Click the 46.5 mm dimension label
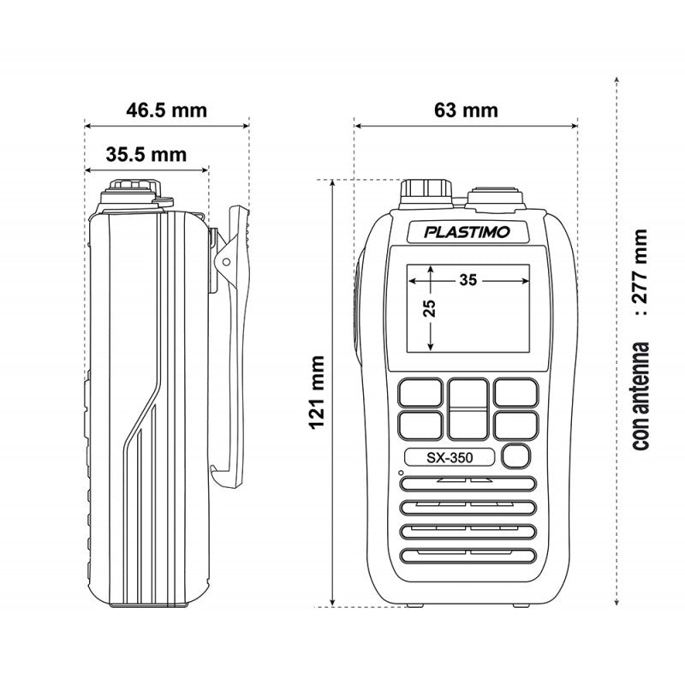tap(166, 110)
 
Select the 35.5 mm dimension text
tap(146, 155)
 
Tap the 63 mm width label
tap(466, 110)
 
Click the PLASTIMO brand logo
tap(468, 232)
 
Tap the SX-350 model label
tap(449, 456)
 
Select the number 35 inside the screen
tap(468, 279)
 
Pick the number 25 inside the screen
tap(430, 309)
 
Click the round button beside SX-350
tap(516, 456)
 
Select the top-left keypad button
tap(420, 392)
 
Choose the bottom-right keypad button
tap(515, 424)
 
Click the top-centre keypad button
tap(468, 393)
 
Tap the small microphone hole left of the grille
tap(400, 473)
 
